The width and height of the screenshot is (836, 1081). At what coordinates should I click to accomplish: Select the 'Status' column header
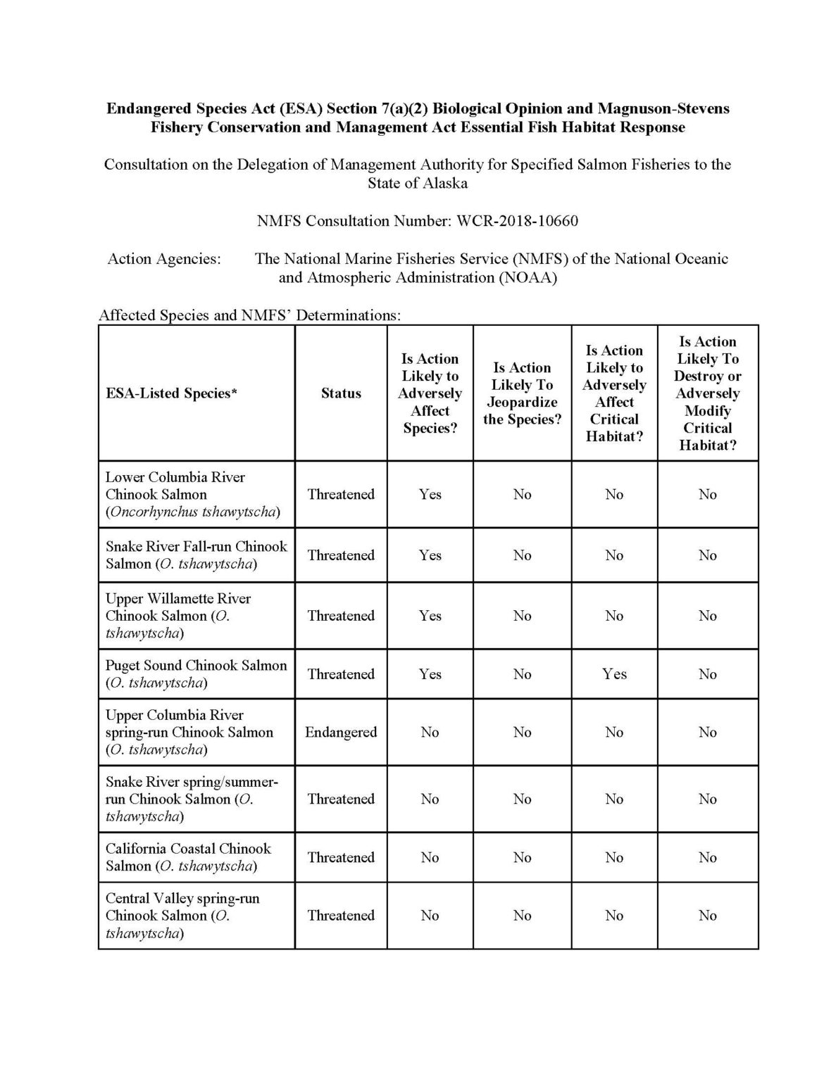tap(341, 393)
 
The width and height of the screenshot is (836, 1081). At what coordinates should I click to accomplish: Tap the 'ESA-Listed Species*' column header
tap(171, 393)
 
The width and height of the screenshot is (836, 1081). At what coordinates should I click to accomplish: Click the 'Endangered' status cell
tap(341, 732)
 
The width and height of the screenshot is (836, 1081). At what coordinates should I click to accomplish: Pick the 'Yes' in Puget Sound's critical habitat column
tap(614, 674)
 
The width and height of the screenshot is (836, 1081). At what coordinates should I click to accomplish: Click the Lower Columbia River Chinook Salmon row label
tap(192, 494)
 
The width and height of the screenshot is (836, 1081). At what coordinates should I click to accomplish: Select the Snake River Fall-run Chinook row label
tap(196, 555)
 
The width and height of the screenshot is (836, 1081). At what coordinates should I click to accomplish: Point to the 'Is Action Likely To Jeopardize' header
tap(522, 393)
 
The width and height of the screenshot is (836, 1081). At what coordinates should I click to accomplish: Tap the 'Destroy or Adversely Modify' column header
tap(707, 393)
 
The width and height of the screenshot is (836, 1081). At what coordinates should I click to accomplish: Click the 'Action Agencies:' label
tap(164, 259)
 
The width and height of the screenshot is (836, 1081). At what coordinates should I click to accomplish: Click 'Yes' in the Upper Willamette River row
tap(430, 616)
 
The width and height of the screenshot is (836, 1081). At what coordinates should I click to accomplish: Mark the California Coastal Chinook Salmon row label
tap(188, 857)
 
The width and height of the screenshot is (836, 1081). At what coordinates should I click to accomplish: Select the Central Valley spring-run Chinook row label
tap(182, 916)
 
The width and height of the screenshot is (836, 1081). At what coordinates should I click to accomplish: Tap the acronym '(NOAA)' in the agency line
tap(528, 277)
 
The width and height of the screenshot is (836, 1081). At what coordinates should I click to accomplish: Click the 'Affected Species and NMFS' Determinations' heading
tap(250, 315)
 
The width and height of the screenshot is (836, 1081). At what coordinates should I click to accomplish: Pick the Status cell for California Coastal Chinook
tap(341, 857)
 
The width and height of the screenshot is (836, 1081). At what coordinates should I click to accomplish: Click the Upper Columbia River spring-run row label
tap(189, 732)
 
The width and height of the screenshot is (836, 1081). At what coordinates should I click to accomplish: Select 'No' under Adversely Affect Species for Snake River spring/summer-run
tap(430, 799)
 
